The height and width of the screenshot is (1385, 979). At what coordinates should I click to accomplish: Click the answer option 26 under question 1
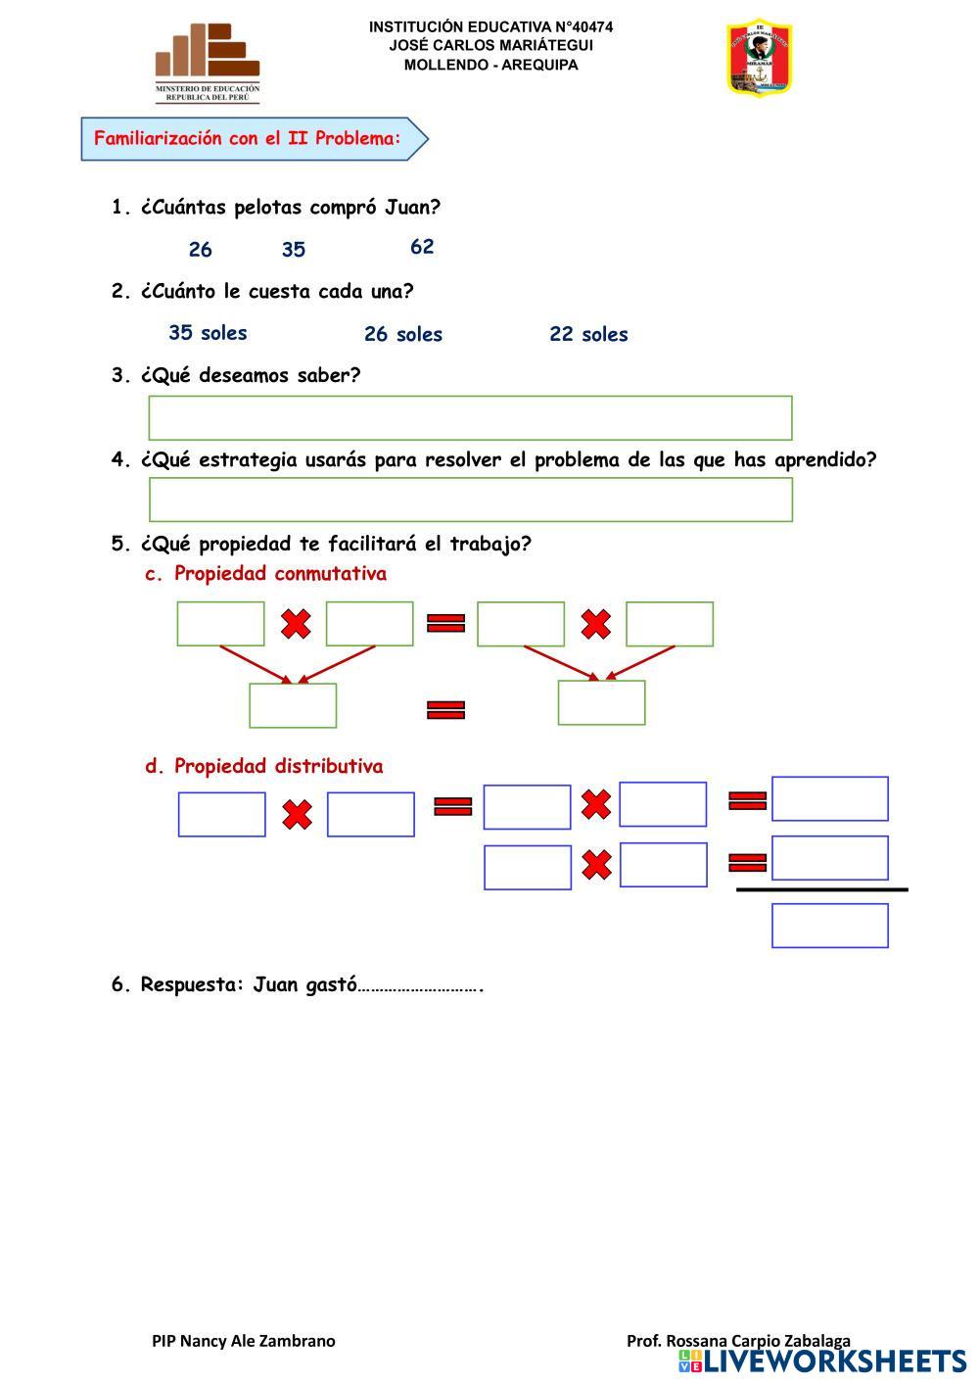(x=200, y=250)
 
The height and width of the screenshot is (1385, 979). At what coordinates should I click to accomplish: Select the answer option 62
(x=422, y=247)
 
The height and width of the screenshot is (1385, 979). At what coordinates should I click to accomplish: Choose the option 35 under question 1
(x=294, y=250)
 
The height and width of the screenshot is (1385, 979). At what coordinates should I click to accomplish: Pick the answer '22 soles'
(x=588, y=334)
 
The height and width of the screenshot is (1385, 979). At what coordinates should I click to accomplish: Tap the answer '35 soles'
(x=208, y=333)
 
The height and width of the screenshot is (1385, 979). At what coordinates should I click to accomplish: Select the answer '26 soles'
(x=402, y=334)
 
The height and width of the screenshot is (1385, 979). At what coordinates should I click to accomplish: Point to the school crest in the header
(x=759, y=59)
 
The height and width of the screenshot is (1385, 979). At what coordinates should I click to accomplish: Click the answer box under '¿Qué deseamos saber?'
(x=470, y=418)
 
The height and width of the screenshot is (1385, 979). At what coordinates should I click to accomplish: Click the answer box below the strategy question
(x=470, y=500)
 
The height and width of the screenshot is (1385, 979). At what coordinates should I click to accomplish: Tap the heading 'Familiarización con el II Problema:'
(x=249, y=138)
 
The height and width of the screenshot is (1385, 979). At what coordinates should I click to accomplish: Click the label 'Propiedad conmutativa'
(x=280, y=574)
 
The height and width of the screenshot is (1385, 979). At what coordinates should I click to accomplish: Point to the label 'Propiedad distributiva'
(x=278, y=766)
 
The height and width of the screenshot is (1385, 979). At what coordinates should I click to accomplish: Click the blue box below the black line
(x=829, y=926)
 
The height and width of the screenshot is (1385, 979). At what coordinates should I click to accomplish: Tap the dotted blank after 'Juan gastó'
(x=419, y=985)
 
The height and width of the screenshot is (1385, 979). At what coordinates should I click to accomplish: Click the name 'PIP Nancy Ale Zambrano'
(x=243, y=1341)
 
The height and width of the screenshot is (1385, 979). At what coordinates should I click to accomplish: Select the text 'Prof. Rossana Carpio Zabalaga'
(x=738, y=1341)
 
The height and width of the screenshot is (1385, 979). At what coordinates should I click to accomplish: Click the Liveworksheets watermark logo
(x=821, y=1361)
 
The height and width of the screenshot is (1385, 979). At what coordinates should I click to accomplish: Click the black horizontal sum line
(x=821, y=889)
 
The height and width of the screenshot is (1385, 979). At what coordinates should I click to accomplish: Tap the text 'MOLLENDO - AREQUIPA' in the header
(x=490, y=65)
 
